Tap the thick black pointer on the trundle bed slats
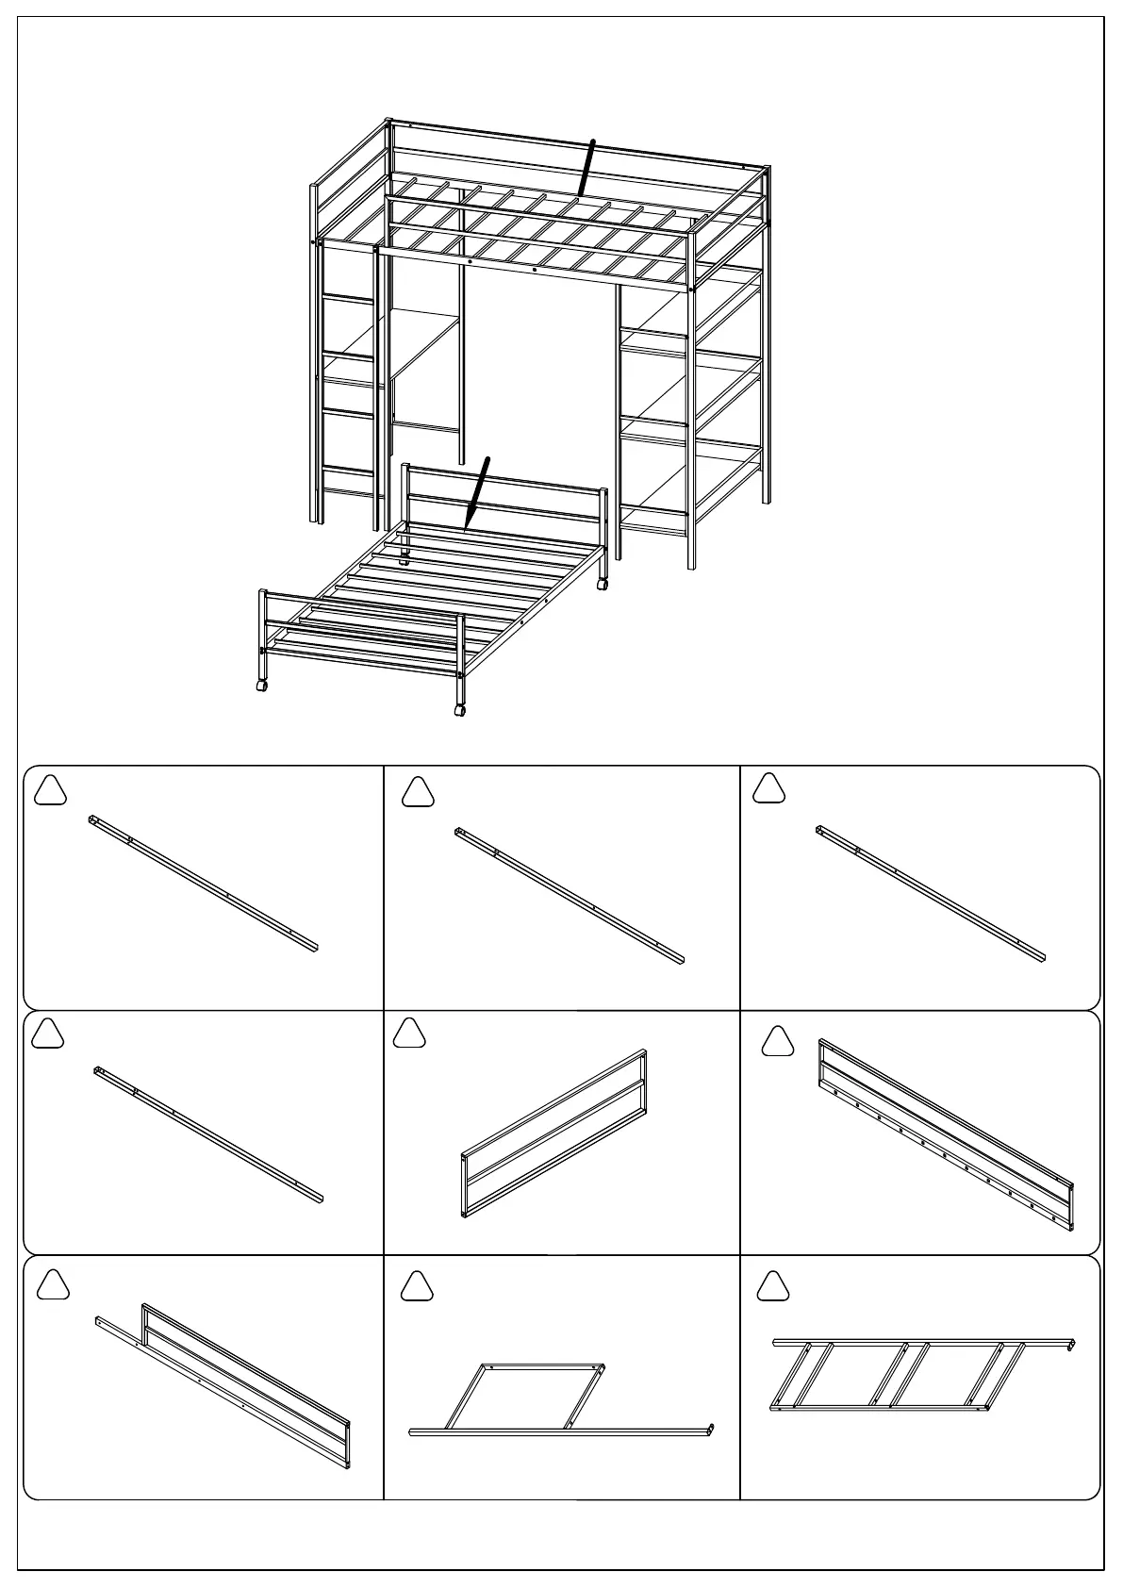tap(478, 490)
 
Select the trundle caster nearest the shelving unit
tap(602, 585)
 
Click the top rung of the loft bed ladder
tap(349, 299)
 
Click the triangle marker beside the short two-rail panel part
tap(409, 1034)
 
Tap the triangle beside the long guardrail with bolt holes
tap(777, 1041)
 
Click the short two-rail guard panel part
tap(554, 1133)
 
